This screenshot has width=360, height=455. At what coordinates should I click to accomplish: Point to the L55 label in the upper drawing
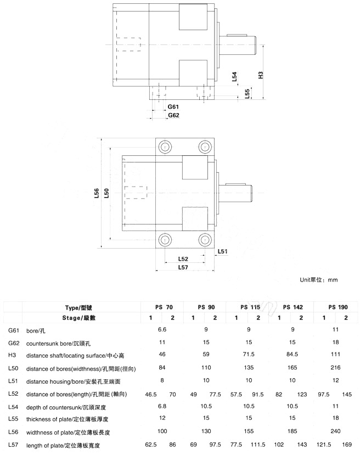(x=248, y=93)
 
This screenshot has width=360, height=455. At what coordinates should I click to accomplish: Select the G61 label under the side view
(x=173, y=106)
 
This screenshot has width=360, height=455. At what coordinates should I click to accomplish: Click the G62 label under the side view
(x=173, y=115)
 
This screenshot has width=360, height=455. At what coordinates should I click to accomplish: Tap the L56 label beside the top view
(x=97, y=193)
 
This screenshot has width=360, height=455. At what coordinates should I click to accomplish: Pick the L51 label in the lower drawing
(x=222, y=251)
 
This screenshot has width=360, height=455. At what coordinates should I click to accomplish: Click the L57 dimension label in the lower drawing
(x=183, y=267)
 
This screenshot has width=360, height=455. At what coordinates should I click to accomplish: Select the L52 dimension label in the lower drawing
(x=183, y=259)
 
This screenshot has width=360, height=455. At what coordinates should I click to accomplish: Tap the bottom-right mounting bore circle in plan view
(x=205, y=239)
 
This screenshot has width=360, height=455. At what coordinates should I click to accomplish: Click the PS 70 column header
(x=162, y=307)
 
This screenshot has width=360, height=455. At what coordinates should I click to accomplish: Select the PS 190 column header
(x=338, y=307)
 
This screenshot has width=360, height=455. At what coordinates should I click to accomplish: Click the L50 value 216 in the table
(x=335, y=368)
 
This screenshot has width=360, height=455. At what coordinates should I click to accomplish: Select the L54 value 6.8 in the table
(x=162, y=406)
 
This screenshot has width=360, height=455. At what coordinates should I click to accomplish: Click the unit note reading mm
(x=319, y=280)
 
